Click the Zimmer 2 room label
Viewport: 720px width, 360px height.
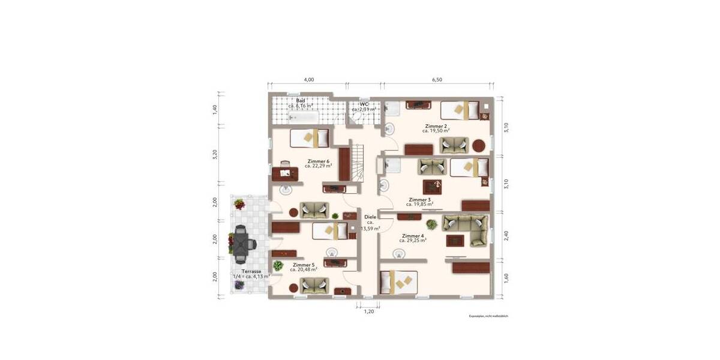pos(436,126)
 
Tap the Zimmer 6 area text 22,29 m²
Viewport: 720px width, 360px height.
pos(318,166)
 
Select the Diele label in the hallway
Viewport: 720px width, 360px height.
pos(370,217)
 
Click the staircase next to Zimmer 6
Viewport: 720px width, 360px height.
pos(358,163)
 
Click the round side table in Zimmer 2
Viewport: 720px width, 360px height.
pos(479,145)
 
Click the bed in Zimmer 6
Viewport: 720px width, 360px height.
pos(310,138)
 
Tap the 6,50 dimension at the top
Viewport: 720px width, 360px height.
pos(437,80)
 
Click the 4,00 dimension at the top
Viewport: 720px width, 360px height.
pos(308,80)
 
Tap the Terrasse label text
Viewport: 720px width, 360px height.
pos(251,271)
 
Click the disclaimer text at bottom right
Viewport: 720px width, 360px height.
pos(488,316)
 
